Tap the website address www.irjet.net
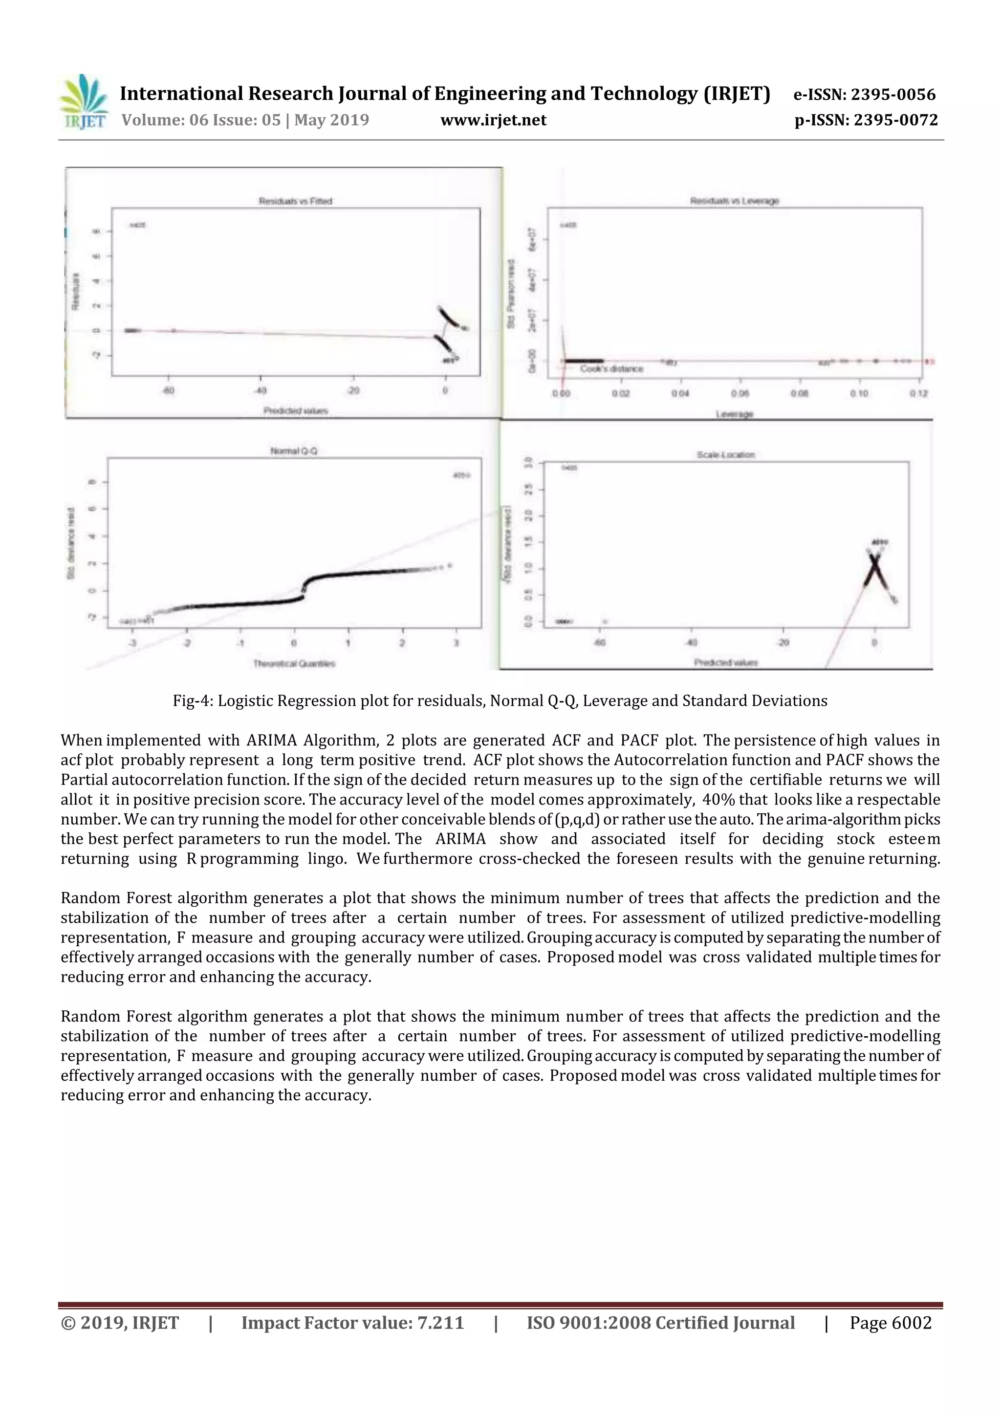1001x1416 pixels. pos(493,120)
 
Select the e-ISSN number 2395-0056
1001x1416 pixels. pos(893,94)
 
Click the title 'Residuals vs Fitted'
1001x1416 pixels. pos(295,201)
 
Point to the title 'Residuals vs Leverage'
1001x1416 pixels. pos(734,201)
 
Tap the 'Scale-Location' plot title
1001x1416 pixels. pos(725,455)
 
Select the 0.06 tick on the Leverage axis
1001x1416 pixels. pos(740,393)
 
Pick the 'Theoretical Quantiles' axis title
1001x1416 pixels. pos(294,664)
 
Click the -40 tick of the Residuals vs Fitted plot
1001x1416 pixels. pos(261,391)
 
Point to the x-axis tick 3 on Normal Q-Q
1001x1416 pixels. pos(457,643)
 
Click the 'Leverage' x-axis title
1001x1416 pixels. pos(734,414)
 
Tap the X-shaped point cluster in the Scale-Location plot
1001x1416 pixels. pos(874,568)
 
